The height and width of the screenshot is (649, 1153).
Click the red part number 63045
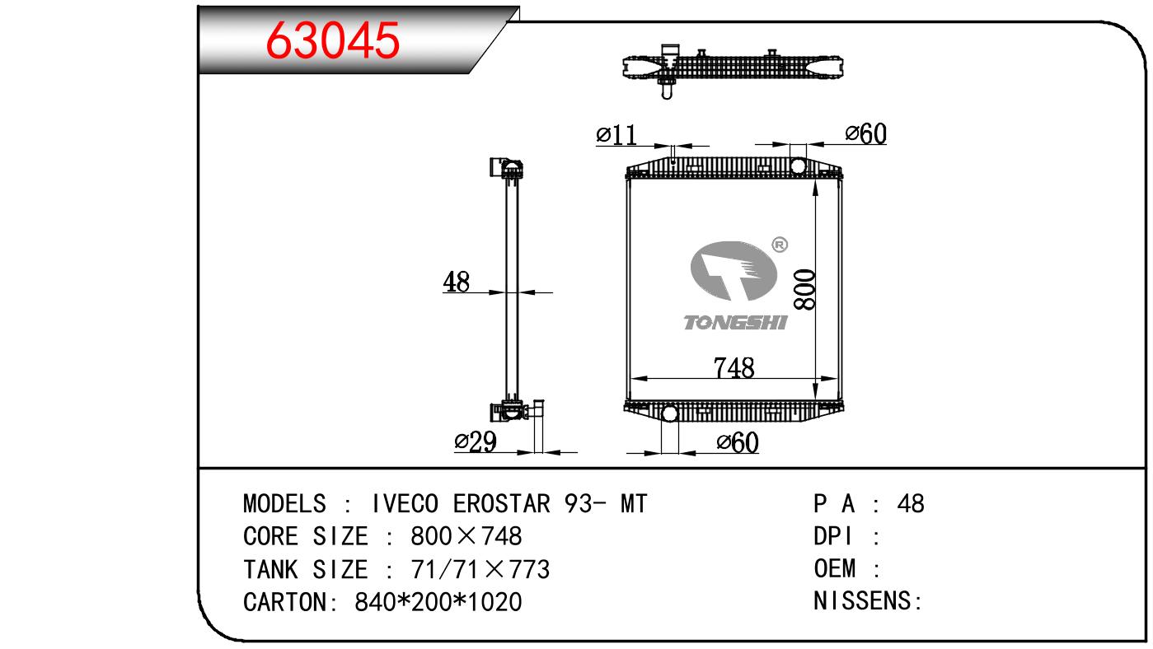pos(332,40)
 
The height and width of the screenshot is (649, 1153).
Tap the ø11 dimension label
pos(616,135)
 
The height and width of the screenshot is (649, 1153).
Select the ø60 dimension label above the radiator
pos(865,133)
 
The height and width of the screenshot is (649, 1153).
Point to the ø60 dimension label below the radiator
pos(738,442)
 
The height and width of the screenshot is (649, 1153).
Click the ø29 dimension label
pos(476,441)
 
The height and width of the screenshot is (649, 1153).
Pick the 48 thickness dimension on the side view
pos(456,282)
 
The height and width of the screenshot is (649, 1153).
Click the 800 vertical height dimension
pos(804,290)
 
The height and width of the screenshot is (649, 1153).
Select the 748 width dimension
pos(734,367)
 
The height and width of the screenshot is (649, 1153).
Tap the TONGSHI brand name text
pos(735,323)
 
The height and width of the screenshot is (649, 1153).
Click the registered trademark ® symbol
pos(780,245)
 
